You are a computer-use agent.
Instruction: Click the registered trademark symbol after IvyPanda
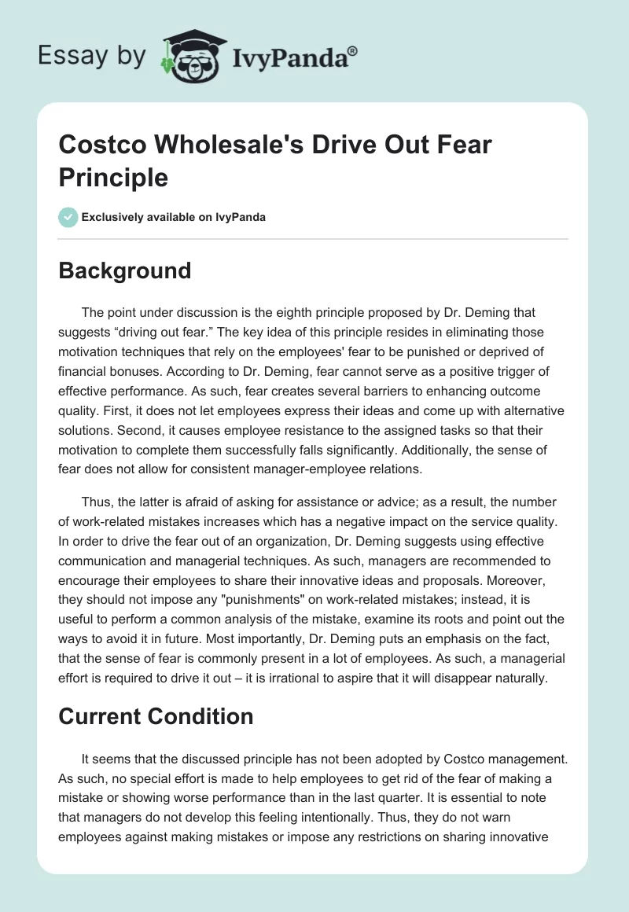(352, 50)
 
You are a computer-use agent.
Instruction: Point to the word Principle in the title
(113, 177)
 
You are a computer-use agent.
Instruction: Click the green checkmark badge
(68, 217)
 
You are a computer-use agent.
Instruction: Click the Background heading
(124, 270)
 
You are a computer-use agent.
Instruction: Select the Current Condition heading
(155, 716)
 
